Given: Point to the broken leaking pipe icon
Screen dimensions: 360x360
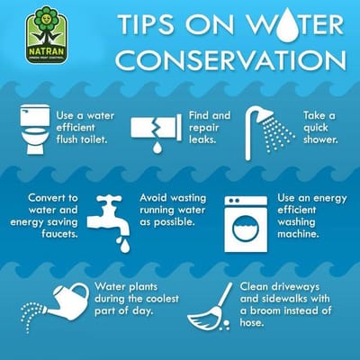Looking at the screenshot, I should (155, 130).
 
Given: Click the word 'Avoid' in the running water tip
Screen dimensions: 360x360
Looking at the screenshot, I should (156, 199).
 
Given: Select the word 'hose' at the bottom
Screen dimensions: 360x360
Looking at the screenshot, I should (253, 322).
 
